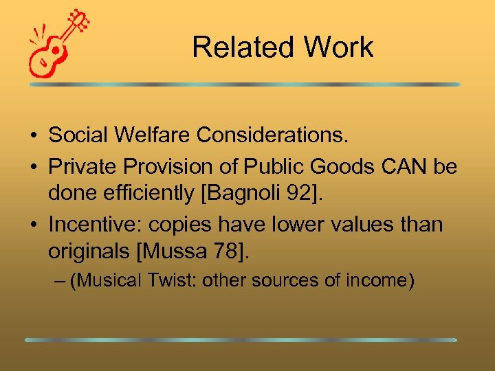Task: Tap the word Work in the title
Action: [x=339, y=47]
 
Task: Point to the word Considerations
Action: [x=272, y=135]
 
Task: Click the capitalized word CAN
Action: [x=406, y=168]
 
